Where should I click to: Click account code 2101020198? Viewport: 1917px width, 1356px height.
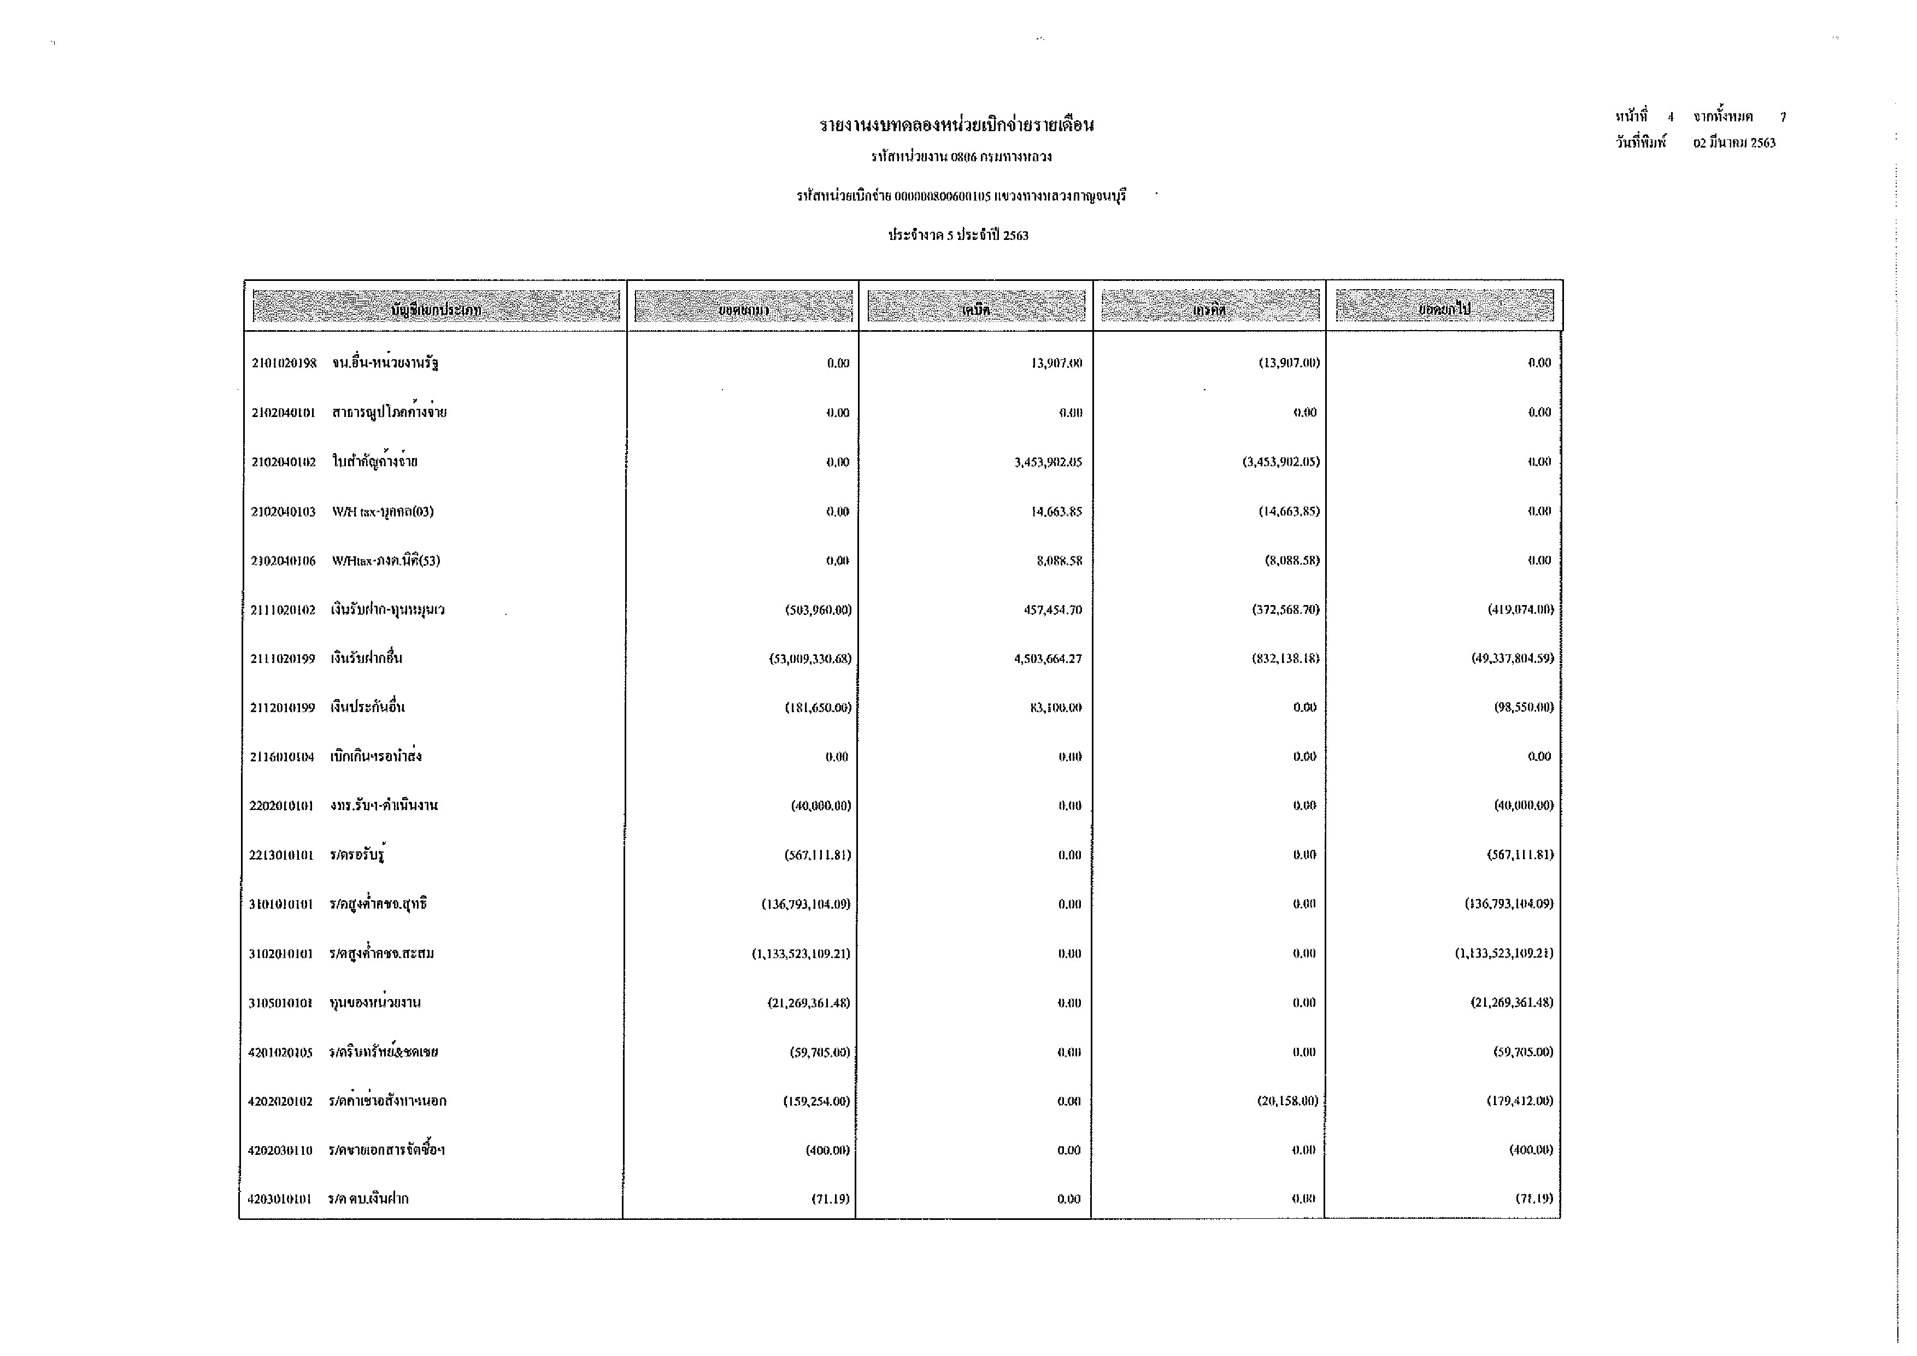(x=284, y=363)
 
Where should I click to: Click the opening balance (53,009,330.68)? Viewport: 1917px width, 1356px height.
(x=810, y=659)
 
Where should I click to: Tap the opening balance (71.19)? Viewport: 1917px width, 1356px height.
(x=830, y=1199)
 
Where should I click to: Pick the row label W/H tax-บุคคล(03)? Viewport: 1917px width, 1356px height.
(x=383, y=512)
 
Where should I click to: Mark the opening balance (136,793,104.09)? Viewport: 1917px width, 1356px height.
(x=805, y=905)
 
